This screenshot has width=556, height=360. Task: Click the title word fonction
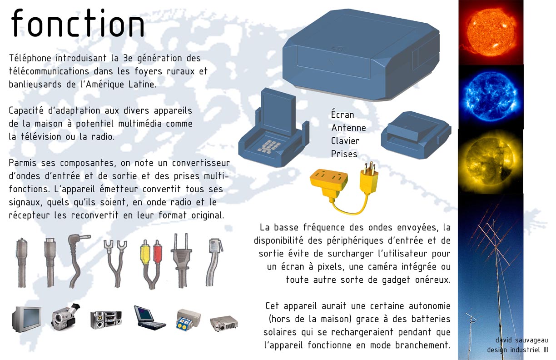(77, 23)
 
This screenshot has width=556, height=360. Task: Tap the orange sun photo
(491, 32)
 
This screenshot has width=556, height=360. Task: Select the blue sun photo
(491, 97)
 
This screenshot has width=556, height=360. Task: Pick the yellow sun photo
(491, 161)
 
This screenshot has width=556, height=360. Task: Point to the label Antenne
(348, 128)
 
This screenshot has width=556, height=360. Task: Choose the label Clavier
(345, 141)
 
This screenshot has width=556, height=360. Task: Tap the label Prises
(344, 154)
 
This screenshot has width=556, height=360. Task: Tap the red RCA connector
(158, 251)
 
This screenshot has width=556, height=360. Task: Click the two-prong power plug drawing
(181, 260)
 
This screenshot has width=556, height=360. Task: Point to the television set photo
(26, 319)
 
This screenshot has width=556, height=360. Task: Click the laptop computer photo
(149, 318)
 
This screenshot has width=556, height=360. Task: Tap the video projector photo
(224, 323)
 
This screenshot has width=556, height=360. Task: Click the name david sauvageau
(521, 340)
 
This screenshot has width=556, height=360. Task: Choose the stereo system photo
(106, 320)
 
